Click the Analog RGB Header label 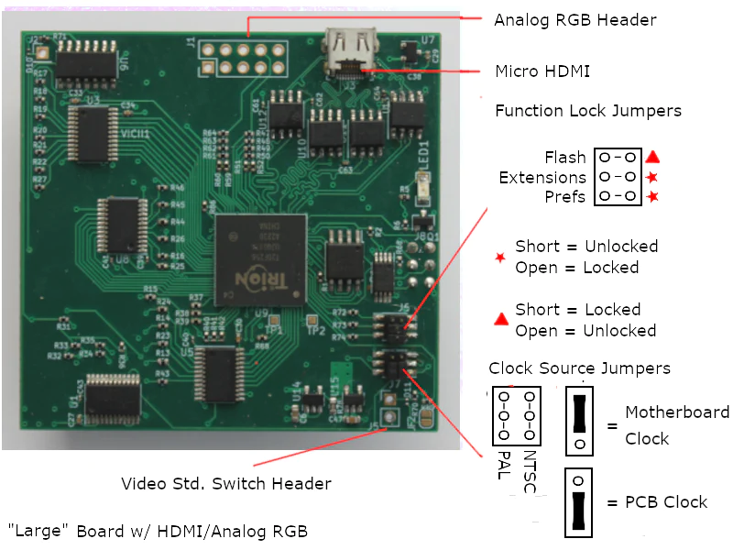pyautogui.click(x=575, y=19)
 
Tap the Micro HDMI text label pyautogui.click(x=542, y=71)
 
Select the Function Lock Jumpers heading pyautogui.click(x=587, y=111)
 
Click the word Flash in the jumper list pyautogui.click(x=564, y=158)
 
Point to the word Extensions pyautogui.click(x=542, y=177)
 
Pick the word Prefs pyautogui.click(x=564, y=196)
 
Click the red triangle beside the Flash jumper pyautogui.click(x=653, y=157)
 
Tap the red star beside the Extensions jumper pyautogui.click(x=653, y=177)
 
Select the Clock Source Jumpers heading pyautogui.click(x=579, y=368)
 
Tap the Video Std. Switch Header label pyautogui.click(x=226, y=483)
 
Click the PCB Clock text pyautogui.click(x=665, y=502)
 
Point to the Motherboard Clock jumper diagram pyautogui.click(x=579, y=419)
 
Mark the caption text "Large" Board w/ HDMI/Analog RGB pyautogui.click(x=158, y=530)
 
